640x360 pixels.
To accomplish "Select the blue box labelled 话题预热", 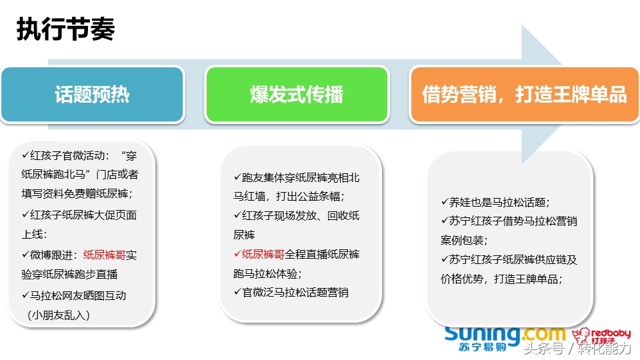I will pyautogui.click(x=92, y=95).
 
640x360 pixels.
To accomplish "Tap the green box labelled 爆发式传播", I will pyautogui.click(x=296, y=95).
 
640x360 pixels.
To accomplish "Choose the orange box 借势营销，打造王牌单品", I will pyautogui.click(x=524, y=95).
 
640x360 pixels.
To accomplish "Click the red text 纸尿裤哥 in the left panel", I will pyautogui.click(x=105, y=255).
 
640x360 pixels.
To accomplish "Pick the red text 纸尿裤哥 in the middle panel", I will pyautogui.click(x=263, y=254).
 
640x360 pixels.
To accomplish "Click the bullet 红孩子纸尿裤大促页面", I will pyautogui.click(x=83, y=215).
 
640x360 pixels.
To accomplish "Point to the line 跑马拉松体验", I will pyautogui.click(x=267, y=273).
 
